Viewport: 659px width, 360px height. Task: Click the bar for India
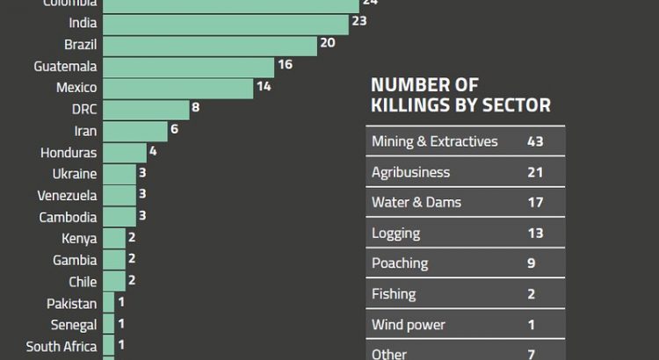tap(224, 23)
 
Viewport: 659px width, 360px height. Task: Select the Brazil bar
tap(209, 45)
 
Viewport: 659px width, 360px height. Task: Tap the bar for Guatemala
tap(188, 67)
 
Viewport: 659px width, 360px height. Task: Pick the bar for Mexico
tap(177, 88)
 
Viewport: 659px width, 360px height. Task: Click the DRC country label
tap(84, 110)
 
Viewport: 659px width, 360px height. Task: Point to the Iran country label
tap(85, 131)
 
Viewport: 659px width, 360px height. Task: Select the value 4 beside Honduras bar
tap(153, 151)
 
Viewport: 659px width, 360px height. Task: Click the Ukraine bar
tap(119, 174)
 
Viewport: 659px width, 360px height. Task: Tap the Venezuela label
tap(68, 196)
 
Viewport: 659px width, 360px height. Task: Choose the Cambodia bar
tap(119, 217)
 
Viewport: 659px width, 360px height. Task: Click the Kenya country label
tap(79, 239)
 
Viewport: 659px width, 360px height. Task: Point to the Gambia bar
tap(113, 260)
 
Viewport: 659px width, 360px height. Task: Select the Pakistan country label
tap(72, 304)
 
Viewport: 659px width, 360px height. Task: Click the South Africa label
tap(62, 347)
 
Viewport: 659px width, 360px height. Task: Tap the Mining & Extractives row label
tap(435, 141)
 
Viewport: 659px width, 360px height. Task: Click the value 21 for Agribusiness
tap(535, 172)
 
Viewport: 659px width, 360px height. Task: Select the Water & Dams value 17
tap(535, 203)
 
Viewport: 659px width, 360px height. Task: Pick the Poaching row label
tap(400, 263)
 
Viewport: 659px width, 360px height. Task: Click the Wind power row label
tap(409, 325)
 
